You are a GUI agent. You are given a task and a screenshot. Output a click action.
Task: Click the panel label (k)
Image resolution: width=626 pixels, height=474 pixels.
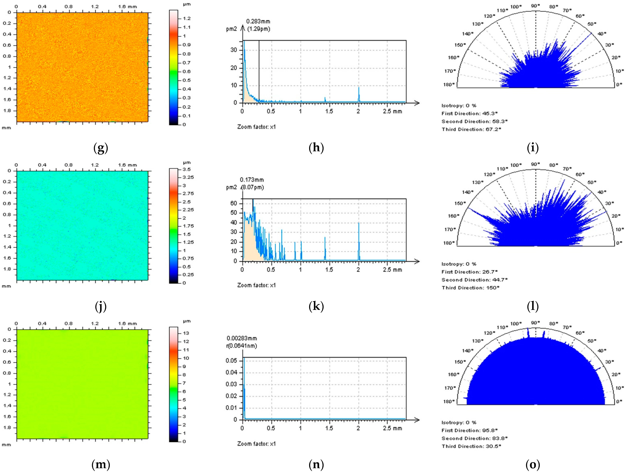316,306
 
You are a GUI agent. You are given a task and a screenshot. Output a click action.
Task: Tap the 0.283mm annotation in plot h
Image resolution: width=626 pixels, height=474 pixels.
258,21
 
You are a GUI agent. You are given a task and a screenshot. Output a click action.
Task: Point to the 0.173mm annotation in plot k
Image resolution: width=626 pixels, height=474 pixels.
252,180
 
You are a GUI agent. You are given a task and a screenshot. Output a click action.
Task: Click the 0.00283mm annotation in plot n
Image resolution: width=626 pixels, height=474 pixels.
242,338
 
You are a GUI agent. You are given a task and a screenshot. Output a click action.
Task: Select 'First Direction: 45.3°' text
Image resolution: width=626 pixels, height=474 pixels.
470,114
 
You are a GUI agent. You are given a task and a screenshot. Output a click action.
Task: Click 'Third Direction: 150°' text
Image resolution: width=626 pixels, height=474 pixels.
470,288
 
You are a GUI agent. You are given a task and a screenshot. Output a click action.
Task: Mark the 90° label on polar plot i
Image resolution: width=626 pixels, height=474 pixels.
535,6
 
